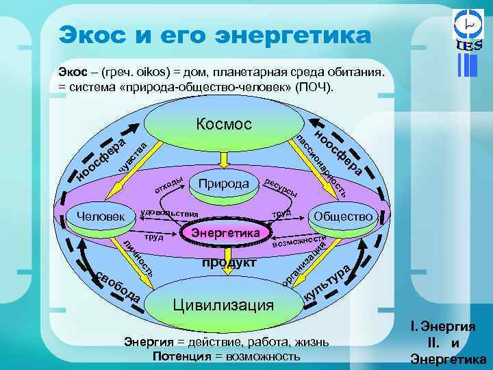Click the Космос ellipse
click(224, 125)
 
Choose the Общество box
click(343, 217)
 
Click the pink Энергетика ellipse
click(225, 234)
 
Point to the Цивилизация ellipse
click(223, 304)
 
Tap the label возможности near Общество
click(298, 240)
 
